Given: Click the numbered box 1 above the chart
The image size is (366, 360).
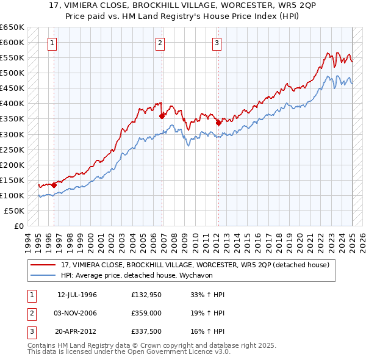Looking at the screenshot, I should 52,43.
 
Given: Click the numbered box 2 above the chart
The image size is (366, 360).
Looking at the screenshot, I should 159,43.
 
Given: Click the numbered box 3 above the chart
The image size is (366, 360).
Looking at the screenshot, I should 217,43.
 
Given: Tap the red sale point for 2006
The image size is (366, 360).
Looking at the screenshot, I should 162,116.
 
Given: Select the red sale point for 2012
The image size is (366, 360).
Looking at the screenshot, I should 218,123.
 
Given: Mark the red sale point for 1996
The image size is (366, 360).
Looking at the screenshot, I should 54,185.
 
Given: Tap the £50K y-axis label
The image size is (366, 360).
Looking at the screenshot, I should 15,211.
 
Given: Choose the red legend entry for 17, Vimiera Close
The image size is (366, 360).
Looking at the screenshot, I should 195,265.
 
